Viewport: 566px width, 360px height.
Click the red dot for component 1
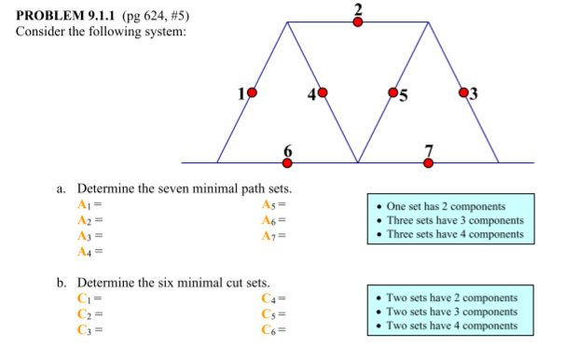[x=251, y=92]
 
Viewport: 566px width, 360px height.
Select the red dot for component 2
[x=358, y=22]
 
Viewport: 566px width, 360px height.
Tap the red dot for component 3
[x=464, y=92]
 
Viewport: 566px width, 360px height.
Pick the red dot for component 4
[x=323, y=92]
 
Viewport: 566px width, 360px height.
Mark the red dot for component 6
[x=287, y=162]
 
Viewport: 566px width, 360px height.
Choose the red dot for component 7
[x=429, y=162]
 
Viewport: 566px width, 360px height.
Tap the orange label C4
[x=270, y=298]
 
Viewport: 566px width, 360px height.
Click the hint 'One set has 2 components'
[x=446, y=206]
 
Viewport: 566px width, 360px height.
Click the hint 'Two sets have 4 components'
[x=452, y=325]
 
